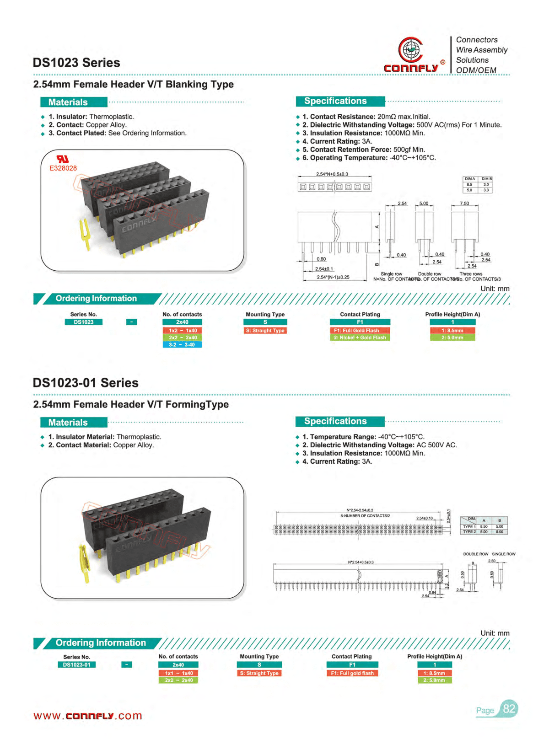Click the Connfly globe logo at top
[410, 50]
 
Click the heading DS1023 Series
[76, 63]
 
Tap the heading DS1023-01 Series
[86, 383]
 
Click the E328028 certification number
[63, 168]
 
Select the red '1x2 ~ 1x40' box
[182, 331]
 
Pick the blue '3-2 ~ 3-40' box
[182, 345]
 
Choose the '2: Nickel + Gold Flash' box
[360, 338]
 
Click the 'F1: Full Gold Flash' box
[360, 331]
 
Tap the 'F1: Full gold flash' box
[352, 673]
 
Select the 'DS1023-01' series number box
[76, 665]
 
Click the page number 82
[509, 709]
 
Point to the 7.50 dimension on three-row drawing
[464, 204]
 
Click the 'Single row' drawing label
[391, 274]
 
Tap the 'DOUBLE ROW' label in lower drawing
[475, 554]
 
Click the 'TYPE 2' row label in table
[469, 532]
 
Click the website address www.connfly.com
[88, 716]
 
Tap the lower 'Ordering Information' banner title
[101, 643]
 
